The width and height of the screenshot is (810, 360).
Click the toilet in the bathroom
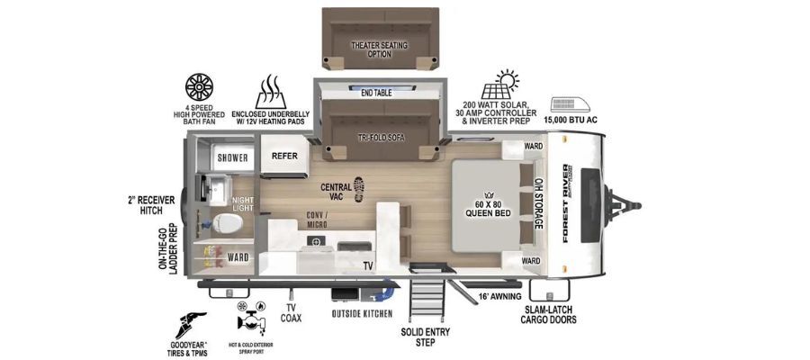(229, 223)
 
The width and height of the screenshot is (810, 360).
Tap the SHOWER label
(232, 157)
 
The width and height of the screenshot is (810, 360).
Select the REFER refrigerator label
(284, 156)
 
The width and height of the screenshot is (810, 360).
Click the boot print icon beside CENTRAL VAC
(359, 189)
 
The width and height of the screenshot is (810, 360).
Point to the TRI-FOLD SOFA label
(382, 138)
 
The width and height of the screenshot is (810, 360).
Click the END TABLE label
(376, 93)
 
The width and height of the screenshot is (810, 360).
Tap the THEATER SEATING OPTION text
(379, 49)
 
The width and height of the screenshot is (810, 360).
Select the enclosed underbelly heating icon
(270, 92)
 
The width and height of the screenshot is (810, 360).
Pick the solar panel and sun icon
(500, 85)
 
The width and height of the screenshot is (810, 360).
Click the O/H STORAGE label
(538, 203)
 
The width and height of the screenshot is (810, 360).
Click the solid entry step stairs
(427, 300)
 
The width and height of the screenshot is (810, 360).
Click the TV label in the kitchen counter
(368, 266)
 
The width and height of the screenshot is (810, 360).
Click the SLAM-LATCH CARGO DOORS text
(548, 315)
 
